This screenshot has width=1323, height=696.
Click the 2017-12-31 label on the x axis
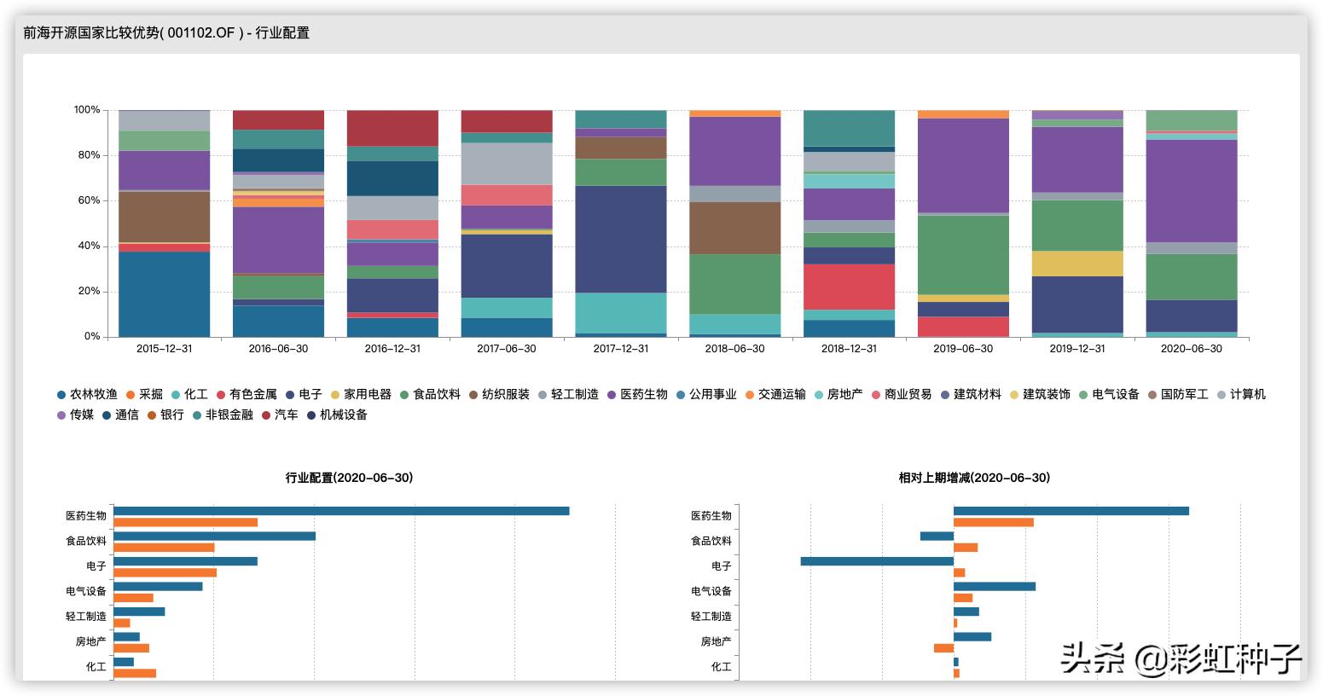coord(621,349)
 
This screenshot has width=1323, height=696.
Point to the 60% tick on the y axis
coord(87,200)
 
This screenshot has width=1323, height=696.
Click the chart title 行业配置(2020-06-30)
coord(349,478)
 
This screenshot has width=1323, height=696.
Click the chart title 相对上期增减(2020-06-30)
coord(974,478)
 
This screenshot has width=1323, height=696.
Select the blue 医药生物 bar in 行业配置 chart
coord(341,511)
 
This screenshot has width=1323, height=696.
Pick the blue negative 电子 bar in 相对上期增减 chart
coord(877,561)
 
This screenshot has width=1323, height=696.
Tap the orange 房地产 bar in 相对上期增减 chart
coord(943,648)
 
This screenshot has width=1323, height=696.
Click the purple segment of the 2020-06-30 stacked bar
coord(1191,190)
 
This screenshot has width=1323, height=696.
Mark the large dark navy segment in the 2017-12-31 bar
coord(621,239)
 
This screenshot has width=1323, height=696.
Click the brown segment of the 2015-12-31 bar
coord(164,217)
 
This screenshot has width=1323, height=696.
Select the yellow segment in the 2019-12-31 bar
coord(1077,264)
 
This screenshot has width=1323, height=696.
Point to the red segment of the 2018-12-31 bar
coord(849,287)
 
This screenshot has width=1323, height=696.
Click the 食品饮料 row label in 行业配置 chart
coord(86,541)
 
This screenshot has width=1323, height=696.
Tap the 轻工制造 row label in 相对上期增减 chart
coord(711,616)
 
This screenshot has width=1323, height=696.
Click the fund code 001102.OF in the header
coord(200,33)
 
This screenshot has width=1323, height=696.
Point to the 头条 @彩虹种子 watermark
coord(1181,658)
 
